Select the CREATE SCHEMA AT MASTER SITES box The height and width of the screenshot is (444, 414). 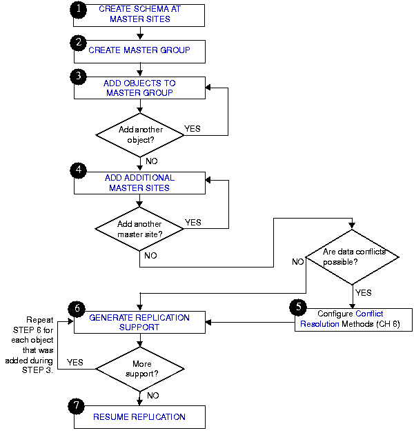tap(139, 14)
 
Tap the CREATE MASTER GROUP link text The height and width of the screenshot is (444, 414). tap(139, 50)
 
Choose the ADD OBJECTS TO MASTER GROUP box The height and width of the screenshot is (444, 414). tap(139, 88)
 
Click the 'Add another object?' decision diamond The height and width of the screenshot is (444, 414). tap(139, 134)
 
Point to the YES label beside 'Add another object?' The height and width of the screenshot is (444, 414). tap(193, 128)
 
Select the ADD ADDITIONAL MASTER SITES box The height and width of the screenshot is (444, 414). tap(139, 182)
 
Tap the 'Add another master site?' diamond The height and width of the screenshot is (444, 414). tap(139, 228)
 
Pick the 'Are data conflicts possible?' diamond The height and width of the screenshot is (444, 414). tap(352, 257)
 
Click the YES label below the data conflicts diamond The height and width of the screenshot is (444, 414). tap(364, 292)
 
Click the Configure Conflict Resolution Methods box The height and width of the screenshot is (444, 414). tap(353, 319)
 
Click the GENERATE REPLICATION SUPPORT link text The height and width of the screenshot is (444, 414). tap(139, 322)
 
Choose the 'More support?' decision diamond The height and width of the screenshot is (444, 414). tap(139, 367)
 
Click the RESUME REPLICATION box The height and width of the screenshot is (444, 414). tap(139, 417)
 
